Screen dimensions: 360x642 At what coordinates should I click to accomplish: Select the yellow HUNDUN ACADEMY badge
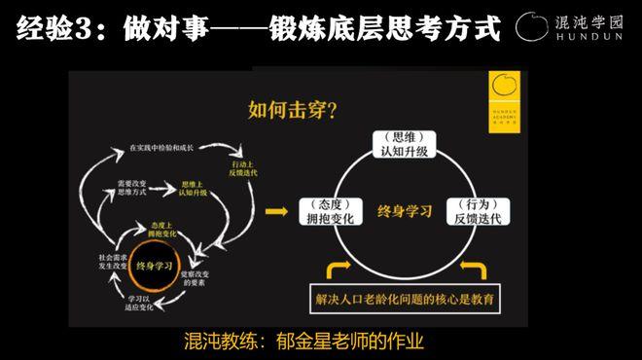pos(505,95)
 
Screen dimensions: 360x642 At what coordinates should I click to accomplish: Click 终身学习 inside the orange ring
pos(157,264)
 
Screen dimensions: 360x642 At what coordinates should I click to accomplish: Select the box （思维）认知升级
pos(402,147)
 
